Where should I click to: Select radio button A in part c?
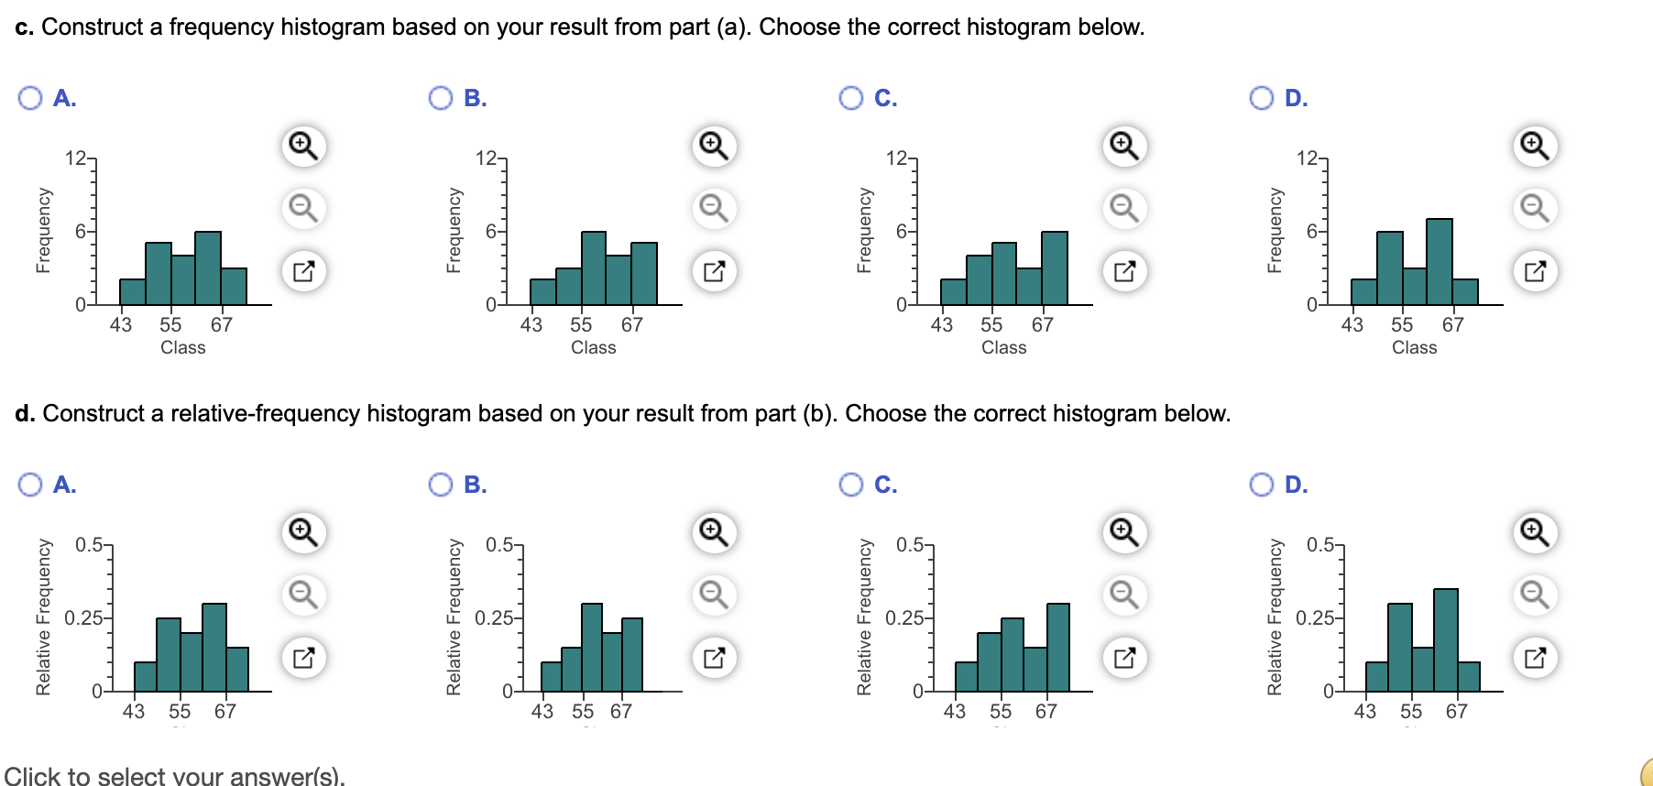(x=30, y=98)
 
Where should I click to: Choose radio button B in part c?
(x=441, y=98)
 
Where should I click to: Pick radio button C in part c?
(x=851, y=98)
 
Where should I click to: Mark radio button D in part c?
(x=1262, y=98)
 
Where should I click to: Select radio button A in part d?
(x=30, y=485)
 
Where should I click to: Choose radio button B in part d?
(x=441, y=485)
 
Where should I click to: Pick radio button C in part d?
(x=851, y=485)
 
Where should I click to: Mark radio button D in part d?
(x=1262, y=485)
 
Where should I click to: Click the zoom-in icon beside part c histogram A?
(x=303, y=146)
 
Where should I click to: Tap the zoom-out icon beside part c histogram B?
(x=714, y=208)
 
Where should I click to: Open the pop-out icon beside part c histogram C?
(x=1124, y=271)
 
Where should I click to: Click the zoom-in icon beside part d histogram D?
(x=1535, y=532)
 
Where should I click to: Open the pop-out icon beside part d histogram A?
(x=303, y=658)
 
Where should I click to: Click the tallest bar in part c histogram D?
(x=1439, y=262)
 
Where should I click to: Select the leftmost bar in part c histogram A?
(x=133, y=291)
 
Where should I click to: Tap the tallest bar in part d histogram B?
(x=592, y=647)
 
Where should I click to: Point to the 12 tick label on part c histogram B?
(x=486, y=158)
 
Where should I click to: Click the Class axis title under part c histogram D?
(x=1414, y=347)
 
